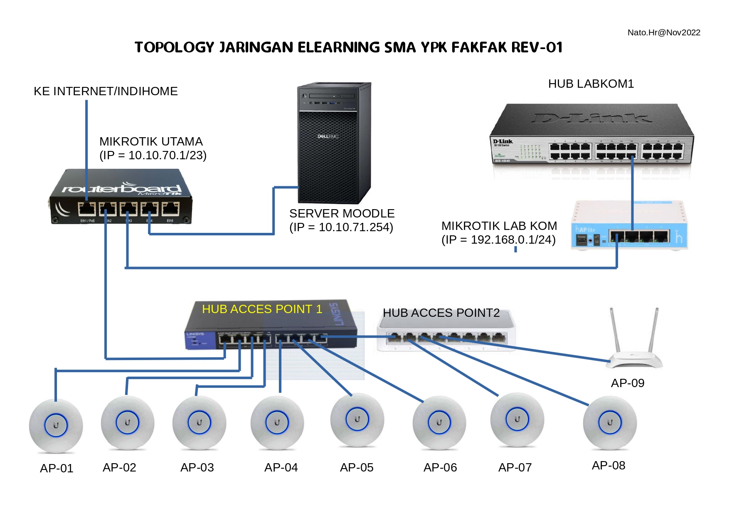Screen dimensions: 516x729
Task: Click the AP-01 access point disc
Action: click(56, 425)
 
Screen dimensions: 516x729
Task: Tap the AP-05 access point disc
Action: click(357, 420)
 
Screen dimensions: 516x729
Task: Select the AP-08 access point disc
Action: click(610, 423)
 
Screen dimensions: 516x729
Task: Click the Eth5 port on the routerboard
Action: click(170, 209)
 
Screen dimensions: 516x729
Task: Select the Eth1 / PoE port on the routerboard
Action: click(87, 209)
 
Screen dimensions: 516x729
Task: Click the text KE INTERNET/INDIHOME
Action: click(106, 91)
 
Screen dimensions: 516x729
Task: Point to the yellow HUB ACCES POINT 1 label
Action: click(262, 309)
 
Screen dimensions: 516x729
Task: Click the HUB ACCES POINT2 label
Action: click(441, 313)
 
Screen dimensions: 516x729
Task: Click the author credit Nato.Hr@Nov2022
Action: click(663, 32)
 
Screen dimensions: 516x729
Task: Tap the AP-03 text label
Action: click(197, 467)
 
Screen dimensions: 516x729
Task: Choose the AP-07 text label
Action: click(515, 467)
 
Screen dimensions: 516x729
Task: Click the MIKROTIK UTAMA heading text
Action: click(151, 141)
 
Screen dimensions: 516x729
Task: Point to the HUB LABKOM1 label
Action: click(591, 84)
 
